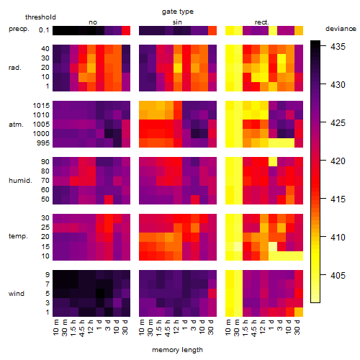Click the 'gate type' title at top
178,12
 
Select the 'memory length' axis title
177,350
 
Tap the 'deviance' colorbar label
341,29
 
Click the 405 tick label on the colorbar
338,275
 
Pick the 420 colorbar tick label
338,161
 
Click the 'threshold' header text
40,17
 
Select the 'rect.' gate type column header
262,22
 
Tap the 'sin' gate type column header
177,22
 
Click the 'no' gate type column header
93,22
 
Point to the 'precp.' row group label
19,29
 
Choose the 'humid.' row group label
20,181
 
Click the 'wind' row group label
17,294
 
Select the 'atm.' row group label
16,125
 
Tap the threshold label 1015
41,106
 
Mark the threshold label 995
43,143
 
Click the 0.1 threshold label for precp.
44,30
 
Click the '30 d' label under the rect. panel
297,327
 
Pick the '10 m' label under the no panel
56,327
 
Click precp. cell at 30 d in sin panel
212,31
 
